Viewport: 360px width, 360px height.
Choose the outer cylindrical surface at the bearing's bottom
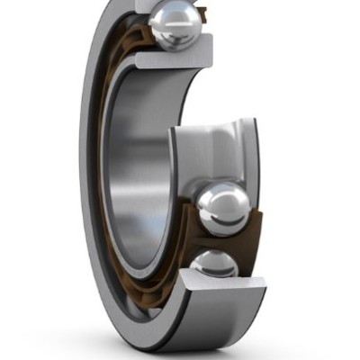pyautogui.click(x=225, y=333)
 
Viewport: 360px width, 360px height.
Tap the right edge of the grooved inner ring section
pyautogui.click(x=256, y=153)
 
